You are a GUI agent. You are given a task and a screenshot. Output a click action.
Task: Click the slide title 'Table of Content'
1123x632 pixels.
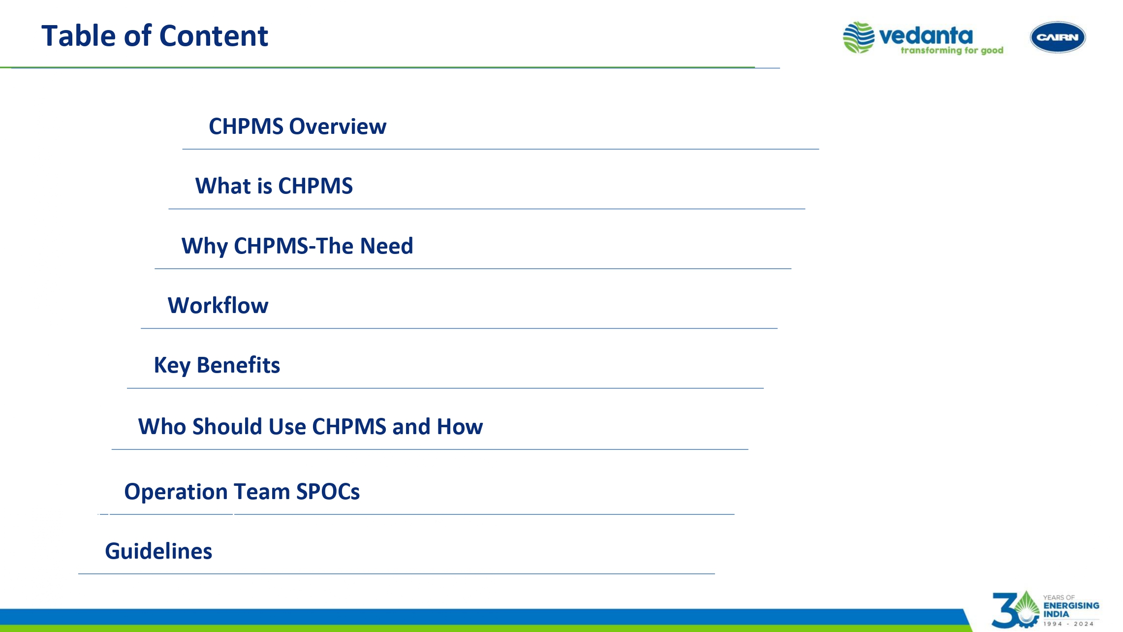(x=155, y=36)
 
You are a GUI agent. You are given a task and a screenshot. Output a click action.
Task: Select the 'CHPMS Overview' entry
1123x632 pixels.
(x=297, y=126)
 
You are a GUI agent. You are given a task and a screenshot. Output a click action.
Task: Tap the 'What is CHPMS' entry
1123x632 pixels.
(x=274, y=186)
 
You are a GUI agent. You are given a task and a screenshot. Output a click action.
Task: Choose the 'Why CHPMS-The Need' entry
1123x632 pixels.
(x=297, y=246)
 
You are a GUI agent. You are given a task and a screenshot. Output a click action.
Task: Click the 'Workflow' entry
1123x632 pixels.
(x=218, y=306)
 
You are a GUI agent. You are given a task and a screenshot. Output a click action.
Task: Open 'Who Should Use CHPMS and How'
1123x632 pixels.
(x=311, y=427)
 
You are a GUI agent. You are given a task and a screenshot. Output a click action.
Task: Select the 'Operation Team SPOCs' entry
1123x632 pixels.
(x=242, y=492)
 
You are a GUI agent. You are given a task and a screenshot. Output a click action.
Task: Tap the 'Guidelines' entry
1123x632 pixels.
(x=158, y=551)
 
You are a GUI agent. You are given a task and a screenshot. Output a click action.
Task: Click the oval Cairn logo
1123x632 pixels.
(x=1058, y=37)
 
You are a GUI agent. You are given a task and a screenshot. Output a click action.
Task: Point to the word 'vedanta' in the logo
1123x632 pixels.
(x=926, y=35)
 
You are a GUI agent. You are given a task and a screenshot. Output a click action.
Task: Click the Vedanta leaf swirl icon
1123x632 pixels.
(x=859, y=37)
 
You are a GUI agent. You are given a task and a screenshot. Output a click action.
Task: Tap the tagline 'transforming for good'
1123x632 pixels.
(x=952, y=51)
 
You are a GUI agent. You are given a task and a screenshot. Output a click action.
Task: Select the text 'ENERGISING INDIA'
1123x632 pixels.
(x=1071, y=610)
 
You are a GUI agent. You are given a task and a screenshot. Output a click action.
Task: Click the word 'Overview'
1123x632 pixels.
(x=338, y=126)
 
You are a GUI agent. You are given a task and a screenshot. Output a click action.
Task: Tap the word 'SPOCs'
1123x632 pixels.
(x=328, y=492)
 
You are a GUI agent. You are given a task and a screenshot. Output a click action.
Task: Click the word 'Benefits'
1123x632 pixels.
(x=238, y=365)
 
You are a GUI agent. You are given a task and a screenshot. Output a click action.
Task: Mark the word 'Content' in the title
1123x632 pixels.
(x=214, y=36)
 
